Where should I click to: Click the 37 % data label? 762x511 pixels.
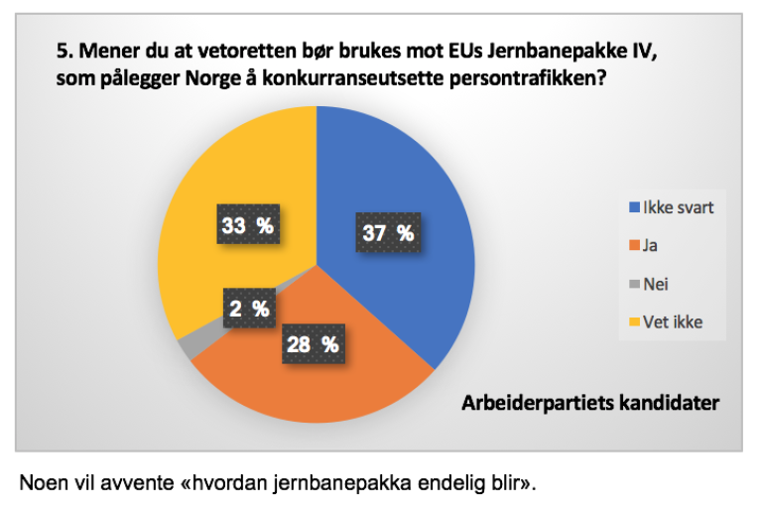(388, 233)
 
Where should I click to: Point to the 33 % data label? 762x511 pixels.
(247, 225)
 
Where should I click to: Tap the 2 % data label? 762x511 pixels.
(247, 309)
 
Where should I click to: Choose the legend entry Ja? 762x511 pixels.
(650, 245)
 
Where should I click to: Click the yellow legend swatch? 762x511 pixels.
(635, 322)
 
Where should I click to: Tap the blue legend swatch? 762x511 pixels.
(635, 208)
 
